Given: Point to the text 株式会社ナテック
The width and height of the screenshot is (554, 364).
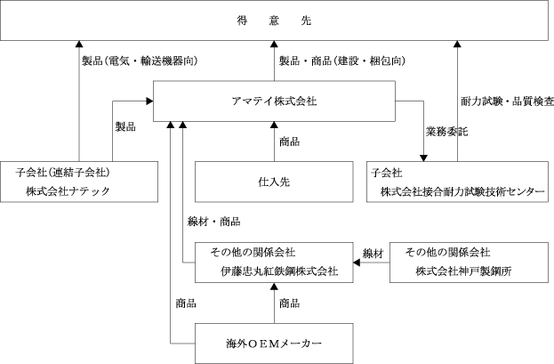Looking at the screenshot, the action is coord(68,191).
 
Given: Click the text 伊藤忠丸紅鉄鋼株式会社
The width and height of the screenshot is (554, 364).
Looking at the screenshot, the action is coord(279,271).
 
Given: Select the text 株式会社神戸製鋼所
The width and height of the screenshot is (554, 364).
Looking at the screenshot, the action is coord(464,271).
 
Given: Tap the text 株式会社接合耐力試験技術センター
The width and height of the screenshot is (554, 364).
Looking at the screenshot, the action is coord(462,191).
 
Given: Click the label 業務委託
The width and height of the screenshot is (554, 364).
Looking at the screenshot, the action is coord(447,132).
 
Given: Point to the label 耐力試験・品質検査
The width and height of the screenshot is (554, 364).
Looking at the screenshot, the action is coord(508,101).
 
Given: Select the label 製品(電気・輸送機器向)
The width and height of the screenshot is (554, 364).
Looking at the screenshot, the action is coord(140,61).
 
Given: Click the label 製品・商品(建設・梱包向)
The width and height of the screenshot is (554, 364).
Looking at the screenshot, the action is coord(342,61).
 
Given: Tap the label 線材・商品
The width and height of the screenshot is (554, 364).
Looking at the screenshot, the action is coord(214,222).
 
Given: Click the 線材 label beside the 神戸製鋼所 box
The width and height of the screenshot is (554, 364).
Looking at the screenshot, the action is coord(373,254).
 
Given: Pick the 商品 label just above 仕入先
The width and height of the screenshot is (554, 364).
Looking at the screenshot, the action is coord(290,142).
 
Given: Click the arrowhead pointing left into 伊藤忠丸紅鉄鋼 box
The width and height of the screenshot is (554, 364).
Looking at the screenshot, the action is coord(357,263).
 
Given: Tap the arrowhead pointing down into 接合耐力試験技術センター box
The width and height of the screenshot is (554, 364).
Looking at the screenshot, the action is coord(423,158).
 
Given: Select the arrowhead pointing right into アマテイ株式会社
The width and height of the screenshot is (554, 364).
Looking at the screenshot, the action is coord(149,101).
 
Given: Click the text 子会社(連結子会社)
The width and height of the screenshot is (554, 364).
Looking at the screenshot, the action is coord(62,173).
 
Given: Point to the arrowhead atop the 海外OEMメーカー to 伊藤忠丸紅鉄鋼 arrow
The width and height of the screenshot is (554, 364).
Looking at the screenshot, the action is coord(274,287).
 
